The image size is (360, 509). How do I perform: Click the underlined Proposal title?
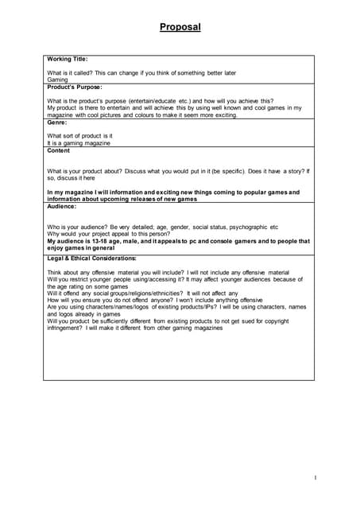click(180, 27)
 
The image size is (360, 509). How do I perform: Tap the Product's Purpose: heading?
click(75, 87)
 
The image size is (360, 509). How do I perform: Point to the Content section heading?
click(59, 150)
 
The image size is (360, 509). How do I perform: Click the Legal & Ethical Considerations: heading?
click(91, 258)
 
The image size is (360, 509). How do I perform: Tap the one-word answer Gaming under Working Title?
click(58, 80)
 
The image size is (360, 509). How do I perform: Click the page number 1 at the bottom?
click(315, 477)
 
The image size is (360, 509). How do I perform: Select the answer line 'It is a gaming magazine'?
click(79, 143)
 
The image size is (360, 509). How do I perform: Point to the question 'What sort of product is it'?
click(80, 136)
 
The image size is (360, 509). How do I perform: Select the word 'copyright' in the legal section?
click(292, 321)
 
